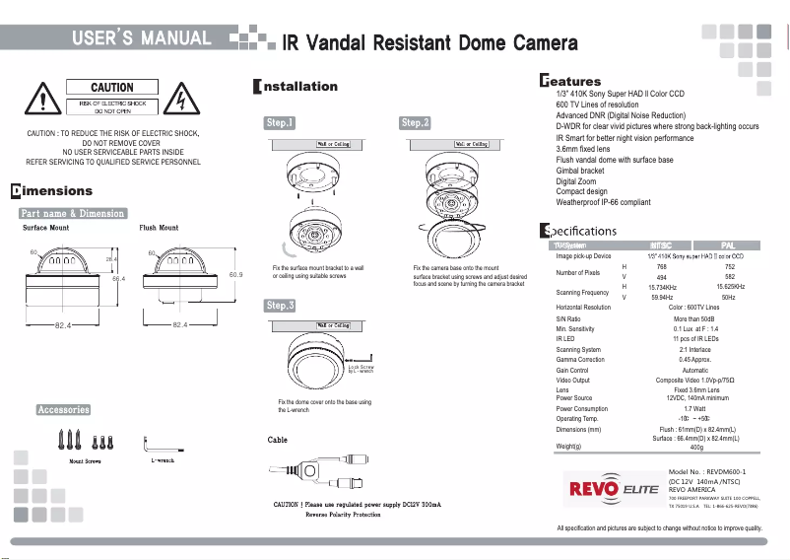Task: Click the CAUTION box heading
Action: [x=112, y=88]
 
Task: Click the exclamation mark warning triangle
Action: [x=42, y=100]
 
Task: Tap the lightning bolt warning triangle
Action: [x=182, y=100]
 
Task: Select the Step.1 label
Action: [x=280, y=123]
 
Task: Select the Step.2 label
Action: [x=415, y=123]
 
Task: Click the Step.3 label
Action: [x=280, y=306]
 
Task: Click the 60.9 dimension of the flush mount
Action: [x=236, y=274]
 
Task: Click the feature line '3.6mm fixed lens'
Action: [x=583, y=149]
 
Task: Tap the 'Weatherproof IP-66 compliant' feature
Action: [x=603, y=202]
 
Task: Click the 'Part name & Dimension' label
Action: [x=73, y=213]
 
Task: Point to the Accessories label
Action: [x=63, y=409]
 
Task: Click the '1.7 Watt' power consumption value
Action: [x=694, y=408]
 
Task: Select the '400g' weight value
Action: [x=696, y=447]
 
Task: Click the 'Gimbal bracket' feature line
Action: [x=580, y=171]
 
